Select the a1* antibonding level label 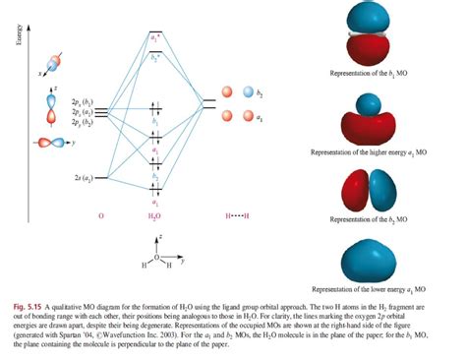click(x=156, y=36)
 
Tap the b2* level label click(x=156, y=58)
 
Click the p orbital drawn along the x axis click(x=55, y=63)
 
